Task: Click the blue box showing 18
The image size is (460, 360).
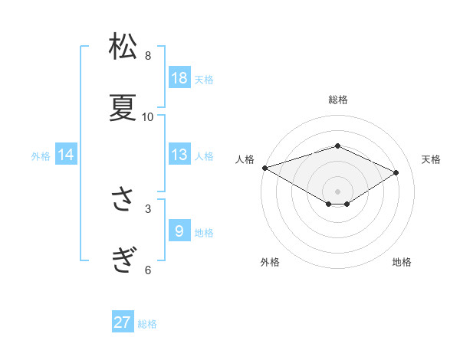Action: point(179,78)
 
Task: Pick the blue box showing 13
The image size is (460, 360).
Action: point(179,155)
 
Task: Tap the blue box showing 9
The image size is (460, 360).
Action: point(179,231)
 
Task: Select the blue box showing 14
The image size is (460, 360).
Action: point(66,155)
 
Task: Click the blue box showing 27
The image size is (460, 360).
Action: point(123,322)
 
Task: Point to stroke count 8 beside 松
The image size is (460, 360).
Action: point(148,55)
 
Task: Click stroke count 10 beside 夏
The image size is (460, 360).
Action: point(148,116)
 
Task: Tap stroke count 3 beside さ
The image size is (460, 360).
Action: point(148,208)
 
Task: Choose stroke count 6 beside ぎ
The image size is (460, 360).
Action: point(148,270)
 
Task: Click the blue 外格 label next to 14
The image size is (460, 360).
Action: point(41,156)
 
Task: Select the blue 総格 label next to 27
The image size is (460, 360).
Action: point(147,324)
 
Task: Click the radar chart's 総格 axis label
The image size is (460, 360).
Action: point(337,100)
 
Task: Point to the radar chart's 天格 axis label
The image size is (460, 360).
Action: point(432,159)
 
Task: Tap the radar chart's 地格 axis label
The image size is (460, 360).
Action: point(402,262)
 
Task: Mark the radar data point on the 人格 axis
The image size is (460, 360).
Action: point(264,167)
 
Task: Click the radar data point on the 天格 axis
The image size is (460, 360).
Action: point(396,172)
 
